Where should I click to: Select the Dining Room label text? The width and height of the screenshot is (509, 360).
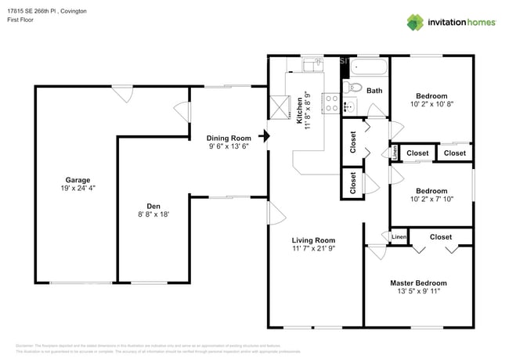tap(229, 138)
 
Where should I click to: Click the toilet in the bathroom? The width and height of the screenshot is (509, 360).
tap(352, 87)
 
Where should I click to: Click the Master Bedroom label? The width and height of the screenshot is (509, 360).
tap(418, 283)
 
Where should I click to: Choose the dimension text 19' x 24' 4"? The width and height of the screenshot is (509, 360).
tap(76, 188)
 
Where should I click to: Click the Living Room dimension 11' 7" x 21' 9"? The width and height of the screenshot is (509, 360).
tap(313, 249)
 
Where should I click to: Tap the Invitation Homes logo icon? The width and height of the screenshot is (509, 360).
tap(415, 22)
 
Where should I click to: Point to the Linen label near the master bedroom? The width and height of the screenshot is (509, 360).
tap(399, 236)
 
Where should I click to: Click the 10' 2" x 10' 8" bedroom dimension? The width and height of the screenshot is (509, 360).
tap(431, 103)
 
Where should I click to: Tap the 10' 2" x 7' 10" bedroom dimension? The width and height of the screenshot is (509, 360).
tap(431, 199)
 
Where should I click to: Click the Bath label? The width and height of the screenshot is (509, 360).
tap(374, 91)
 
